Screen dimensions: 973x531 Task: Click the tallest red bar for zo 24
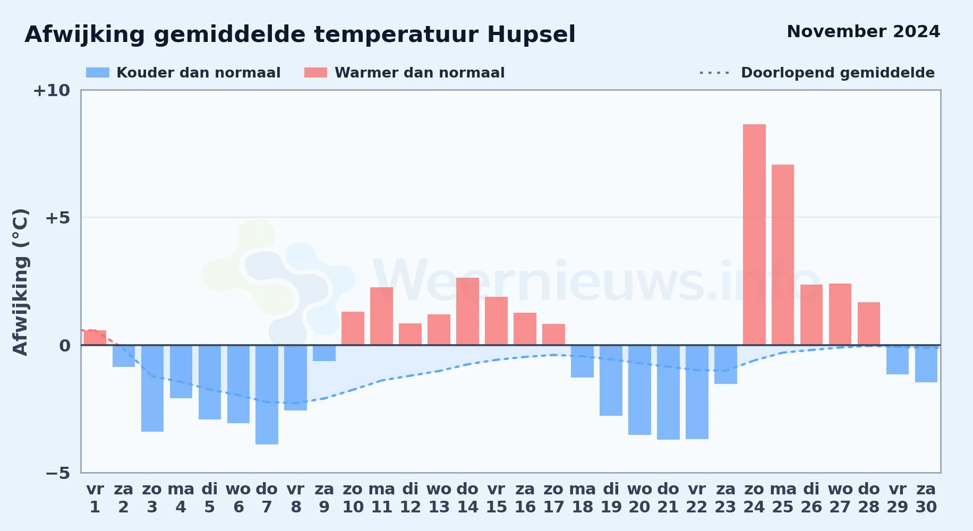coord(754,234)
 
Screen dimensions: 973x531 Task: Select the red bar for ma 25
coord(783,254)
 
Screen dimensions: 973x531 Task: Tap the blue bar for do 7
coord(267,395)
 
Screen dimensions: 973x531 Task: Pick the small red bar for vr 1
coord(95,337)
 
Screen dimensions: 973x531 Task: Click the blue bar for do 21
coord(668,392)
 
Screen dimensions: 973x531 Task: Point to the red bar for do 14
coord(467,311)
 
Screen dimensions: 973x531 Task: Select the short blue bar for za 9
coord(324,353)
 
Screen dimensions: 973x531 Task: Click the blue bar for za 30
coord(926,364)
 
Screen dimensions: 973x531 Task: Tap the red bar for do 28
coord(869,323)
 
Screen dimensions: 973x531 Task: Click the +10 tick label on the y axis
coord(52,90)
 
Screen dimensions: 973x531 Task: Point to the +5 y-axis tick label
coord(57,218)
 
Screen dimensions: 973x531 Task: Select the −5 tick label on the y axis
coord(57,473)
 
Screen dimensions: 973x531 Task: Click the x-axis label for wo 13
coord(439,498)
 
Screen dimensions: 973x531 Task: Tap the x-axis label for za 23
coord(726,498)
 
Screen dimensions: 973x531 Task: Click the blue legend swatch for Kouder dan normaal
coord(98,73)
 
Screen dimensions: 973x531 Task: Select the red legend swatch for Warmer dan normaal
coord(315,73)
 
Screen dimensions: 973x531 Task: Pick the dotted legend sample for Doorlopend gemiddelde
coord(714,73)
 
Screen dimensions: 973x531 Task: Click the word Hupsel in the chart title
coord(531,35)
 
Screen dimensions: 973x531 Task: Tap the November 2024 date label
coord(864,31)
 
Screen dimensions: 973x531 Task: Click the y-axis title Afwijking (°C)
coord(20,281)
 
